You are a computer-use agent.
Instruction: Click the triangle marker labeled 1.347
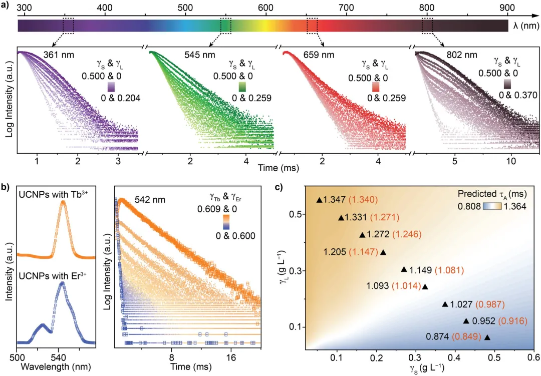[320, 200]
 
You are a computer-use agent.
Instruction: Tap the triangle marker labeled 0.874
[487, 337]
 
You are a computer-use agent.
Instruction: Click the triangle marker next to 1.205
[383, 252]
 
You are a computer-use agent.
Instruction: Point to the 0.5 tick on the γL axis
[293, 214]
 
